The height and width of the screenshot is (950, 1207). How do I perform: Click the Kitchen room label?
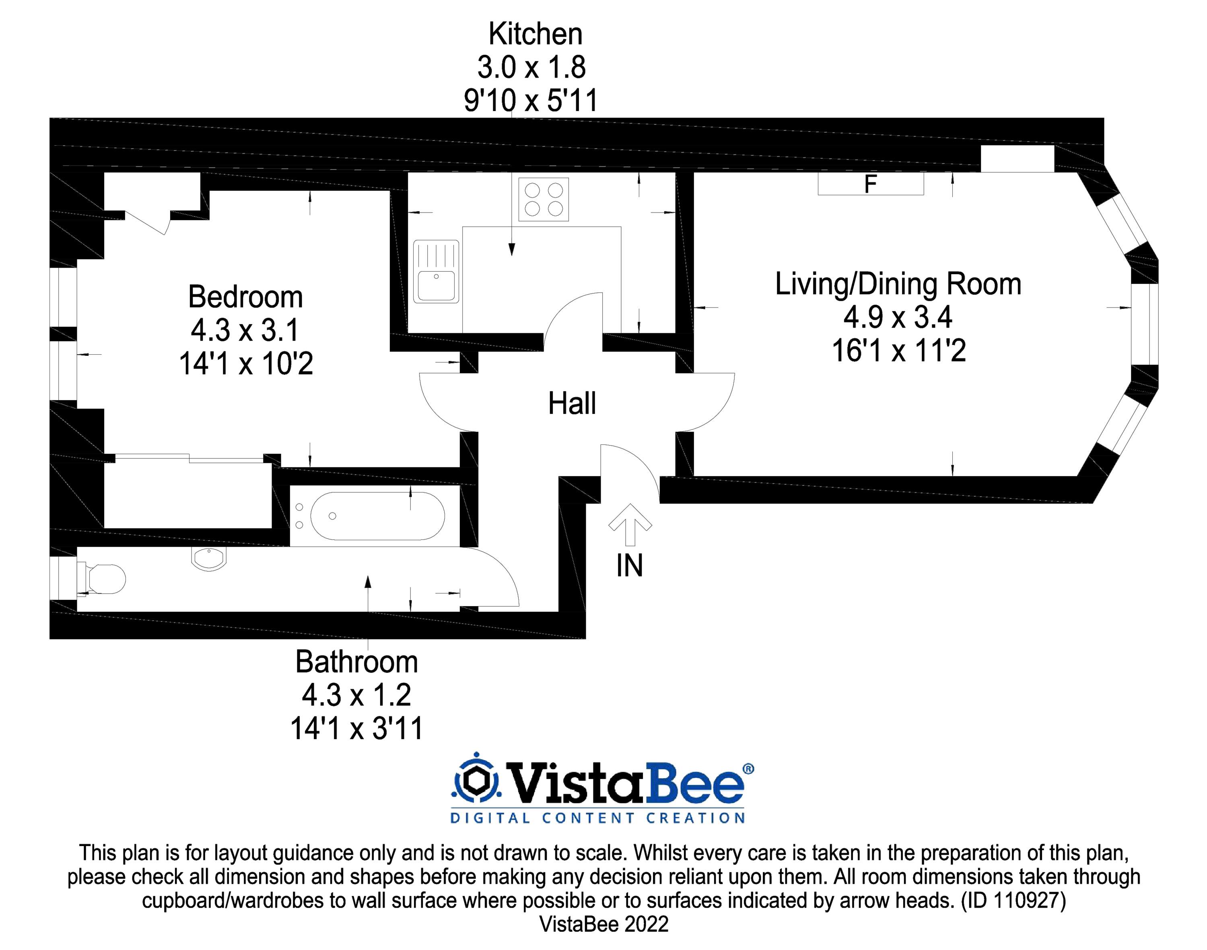(x=535, y=35)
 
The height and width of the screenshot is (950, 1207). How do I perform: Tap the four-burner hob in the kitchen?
(x=543, y=199)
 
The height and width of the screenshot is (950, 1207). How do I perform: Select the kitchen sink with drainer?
(x=436, y=271)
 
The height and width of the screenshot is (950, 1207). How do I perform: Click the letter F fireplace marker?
(x=870, y=184)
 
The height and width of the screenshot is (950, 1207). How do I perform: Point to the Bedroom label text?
(x=245, y=297)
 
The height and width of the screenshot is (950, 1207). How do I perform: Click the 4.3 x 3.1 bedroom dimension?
(x=245, y=330)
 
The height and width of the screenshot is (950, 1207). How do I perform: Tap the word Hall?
(x=572, y=403)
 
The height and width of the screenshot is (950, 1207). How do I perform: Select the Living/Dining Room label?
(x=898, y=284)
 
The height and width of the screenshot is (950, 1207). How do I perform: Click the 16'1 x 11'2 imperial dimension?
(x=898, y=351)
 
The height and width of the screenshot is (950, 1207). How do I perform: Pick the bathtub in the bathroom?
(x=377, y=516)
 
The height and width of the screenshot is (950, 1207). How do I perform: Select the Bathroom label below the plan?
(x=356, y=661)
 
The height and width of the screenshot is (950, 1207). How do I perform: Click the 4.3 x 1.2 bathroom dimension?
(x=356, y=695)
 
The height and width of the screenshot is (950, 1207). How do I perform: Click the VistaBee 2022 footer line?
(x=604, y=924)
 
